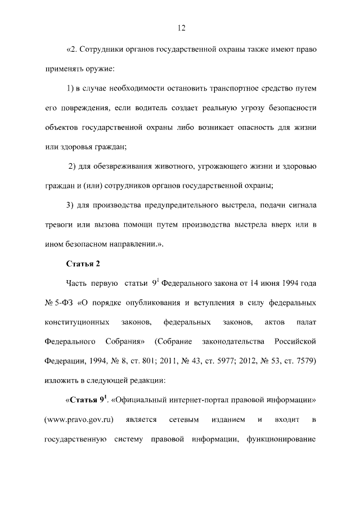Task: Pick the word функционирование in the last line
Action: (x=278, y=439)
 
